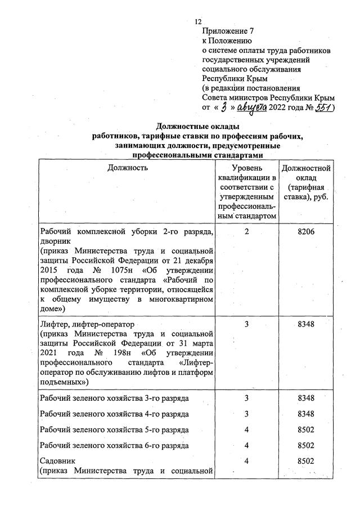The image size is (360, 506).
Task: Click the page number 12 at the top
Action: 197,21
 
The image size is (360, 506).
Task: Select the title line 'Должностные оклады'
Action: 197,126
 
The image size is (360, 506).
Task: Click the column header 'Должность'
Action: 129,167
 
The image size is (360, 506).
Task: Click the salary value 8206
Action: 307,232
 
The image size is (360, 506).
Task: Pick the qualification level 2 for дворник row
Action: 247,232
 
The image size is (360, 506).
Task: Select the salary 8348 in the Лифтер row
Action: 307,325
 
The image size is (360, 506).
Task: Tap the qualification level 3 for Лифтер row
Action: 247,325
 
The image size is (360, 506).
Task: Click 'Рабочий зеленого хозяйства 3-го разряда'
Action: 114,398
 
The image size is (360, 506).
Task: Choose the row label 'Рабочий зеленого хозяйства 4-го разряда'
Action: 114,414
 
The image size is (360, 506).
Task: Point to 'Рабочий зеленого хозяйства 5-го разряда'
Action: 114,430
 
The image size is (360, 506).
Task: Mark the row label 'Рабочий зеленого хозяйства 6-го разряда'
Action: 114,446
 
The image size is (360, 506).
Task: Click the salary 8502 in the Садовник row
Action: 307,461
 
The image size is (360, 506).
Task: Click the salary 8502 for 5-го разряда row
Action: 307,430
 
